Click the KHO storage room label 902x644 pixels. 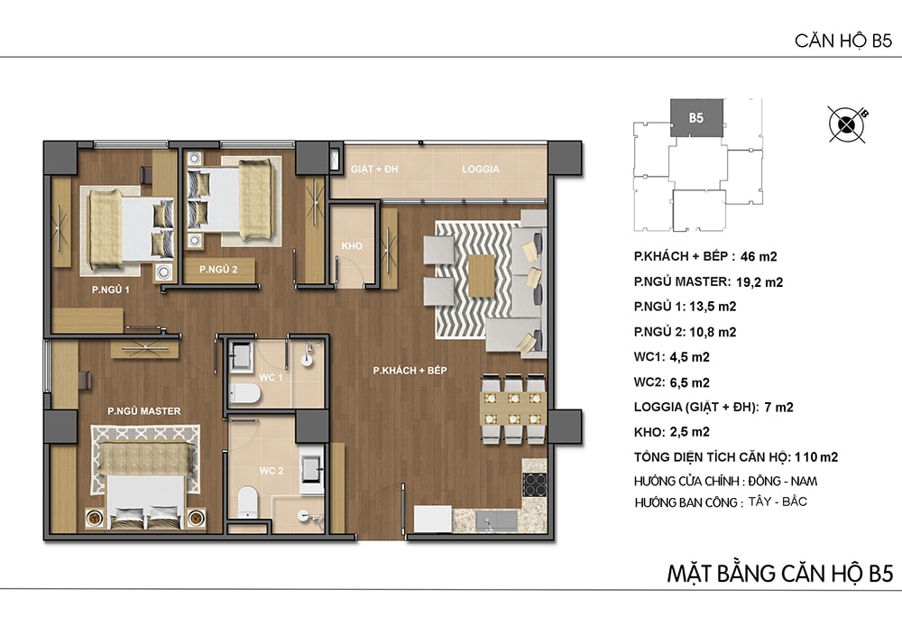352,246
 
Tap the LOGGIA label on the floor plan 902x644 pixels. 481,169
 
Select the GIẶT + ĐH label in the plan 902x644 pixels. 374,169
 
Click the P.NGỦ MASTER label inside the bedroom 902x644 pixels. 143,411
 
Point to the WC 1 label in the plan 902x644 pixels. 271,378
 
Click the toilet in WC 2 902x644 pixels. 248,501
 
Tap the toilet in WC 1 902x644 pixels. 245,394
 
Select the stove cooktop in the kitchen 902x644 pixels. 534,484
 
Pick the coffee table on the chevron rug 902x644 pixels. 482,275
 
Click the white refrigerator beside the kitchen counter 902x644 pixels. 433,519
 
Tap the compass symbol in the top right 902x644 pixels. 847,124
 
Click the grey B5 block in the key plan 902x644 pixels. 696,118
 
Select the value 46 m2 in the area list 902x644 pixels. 759,257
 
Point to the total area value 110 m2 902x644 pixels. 816,457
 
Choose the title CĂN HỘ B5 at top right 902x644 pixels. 843,41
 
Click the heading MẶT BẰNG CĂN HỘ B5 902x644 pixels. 780,574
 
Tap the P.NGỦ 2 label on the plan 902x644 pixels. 218,269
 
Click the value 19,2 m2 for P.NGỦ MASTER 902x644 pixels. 759,282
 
